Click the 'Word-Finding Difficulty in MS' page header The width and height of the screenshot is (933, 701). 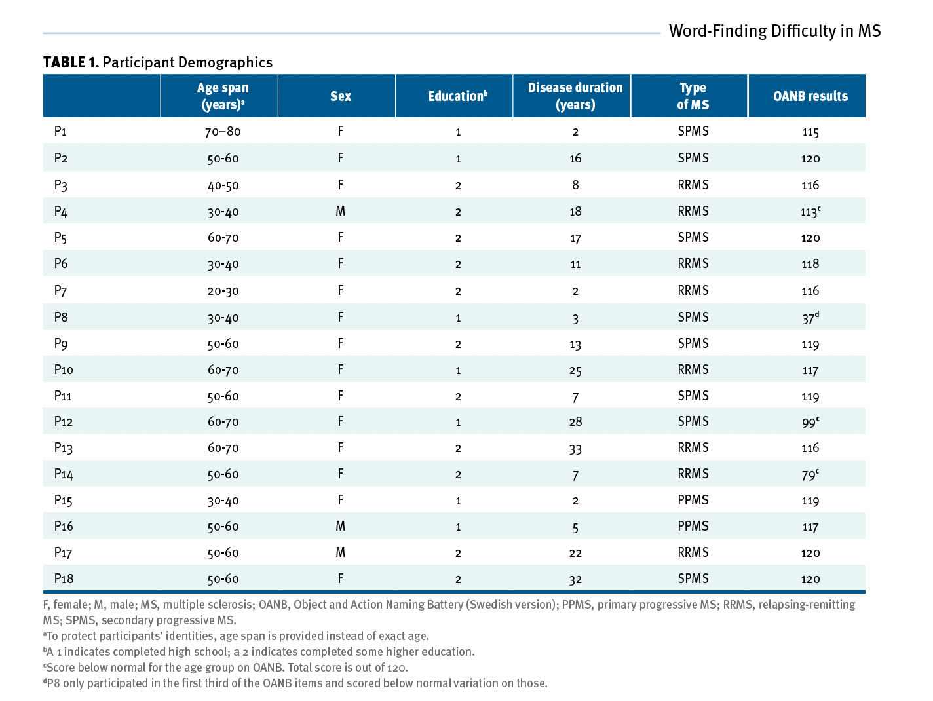click(x=774, y=31)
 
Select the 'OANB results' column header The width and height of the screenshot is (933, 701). click(x=810, y=96)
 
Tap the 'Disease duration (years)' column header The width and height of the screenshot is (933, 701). click(x=575, y=96)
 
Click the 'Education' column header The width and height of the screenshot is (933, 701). click(x=458, y=96)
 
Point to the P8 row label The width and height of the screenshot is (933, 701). click(x=61, y=317)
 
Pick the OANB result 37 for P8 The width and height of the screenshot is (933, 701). click(x=810, y=317)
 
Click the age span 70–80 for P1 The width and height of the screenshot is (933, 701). click(x=223, y=132)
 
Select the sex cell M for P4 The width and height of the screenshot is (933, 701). click(x=341, y=211)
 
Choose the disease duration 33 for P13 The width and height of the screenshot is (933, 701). click(x=575, y=449)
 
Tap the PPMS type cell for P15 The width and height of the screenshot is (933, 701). click(x=693, y=500)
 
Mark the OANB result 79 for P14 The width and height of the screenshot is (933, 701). click(x=810, y=474)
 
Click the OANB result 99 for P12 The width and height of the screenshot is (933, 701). click(x=810, y=422)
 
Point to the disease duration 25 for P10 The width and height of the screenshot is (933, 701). click(x=575, y=370)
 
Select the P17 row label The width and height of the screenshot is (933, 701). click(x=63, y=552)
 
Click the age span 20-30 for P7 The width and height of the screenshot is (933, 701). click(x=223, y=291)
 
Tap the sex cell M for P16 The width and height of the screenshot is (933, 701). click(x=341, y=526)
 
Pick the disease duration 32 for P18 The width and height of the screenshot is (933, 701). click(x=575, y=580)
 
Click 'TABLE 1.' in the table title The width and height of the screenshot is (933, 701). click(x=71, y=62)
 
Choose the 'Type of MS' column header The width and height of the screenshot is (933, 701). click(x=693, y=96)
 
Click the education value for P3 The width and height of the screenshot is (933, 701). click(x=458, y=185)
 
